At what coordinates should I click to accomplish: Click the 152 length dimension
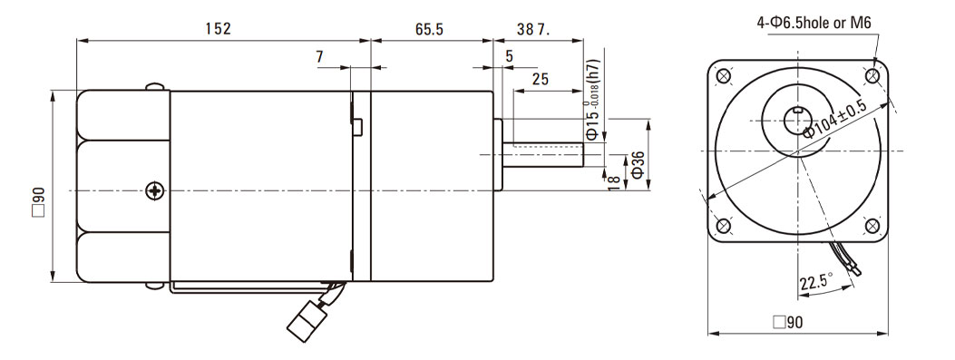218,29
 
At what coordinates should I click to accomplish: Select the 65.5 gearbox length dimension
430,29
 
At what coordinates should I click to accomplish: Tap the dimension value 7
320,56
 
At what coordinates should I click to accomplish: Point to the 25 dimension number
541,79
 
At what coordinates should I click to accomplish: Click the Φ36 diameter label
638,164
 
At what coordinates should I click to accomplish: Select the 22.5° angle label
817,282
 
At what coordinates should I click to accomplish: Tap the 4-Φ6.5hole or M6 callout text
814,24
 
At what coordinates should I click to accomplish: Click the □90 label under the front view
787,322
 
